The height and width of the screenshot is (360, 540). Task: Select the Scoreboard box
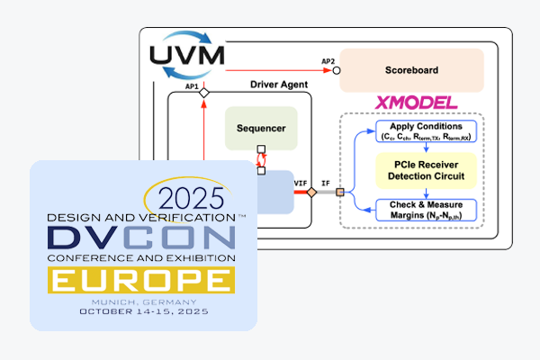coord(411,69)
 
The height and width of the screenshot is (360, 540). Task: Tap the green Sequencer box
coord(261,128)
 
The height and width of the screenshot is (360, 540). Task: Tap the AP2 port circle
coord(335,69)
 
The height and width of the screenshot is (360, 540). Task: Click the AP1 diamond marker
coord(204,93)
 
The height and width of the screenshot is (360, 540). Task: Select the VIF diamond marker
coord(311,192)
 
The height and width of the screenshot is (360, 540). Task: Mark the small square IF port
coord(340,192)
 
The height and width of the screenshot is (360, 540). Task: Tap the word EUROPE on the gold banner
coord(142,281)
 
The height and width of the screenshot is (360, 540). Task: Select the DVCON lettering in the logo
coord(142,238)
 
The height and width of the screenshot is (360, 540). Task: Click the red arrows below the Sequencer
coord(262,158)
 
